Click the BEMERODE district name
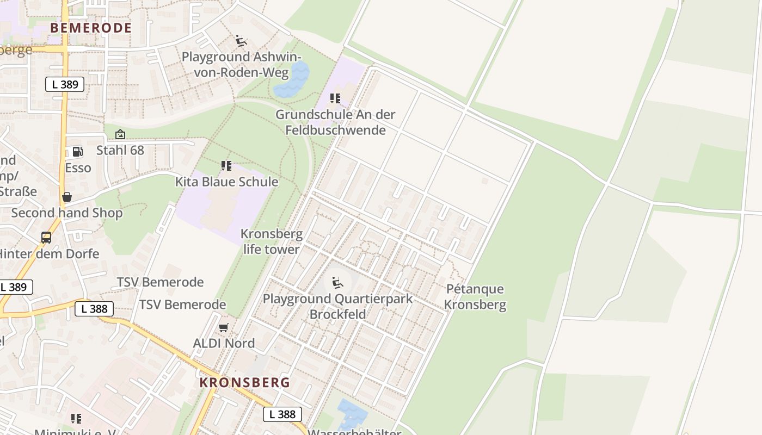click(91, 28)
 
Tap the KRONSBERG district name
click(244, 382)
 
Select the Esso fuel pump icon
click(78, 152)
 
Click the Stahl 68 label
click(120, 150)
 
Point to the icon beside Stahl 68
click(120, 134)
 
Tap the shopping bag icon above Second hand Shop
click(67, 197)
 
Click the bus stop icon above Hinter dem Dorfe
click(46, 238)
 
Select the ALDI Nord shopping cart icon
click(223, 327)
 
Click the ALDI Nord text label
click(224, 343)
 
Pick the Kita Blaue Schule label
click(226, 182)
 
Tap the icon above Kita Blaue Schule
click(226, 166)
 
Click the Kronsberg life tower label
click(271, 242)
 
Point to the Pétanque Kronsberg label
click(475, 297)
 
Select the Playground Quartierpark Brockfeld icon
click(337, 283)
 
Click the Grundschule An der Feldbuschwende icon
click(335, 98)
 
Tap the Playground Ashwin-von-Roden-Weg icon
click(241, 41)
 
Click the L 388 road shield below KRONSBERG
click(282, 414)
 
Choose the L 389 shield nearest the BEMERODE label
click(65, 84)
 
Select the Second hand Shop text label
click(67, 213)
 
